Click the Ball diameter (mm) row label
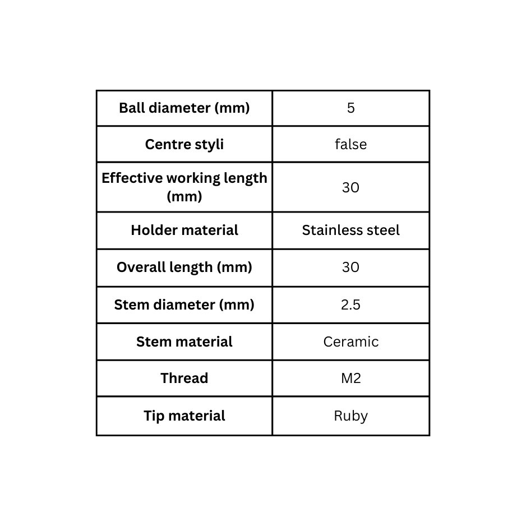(x=184, y=108)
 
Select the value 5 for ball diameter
(x=350, y=108)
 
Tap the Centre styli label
(x=184, y=145)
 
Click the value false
(x=350, y=144)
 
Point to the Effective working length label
(x=184, y=187)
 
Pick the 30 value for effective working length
(x=350, y=187)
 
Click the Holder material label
(x=184, y=230)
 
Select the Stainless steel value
(x=350, y=230)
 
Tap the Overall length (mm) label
(x=184, y=267)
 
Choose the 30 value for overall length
(x=350, y=267)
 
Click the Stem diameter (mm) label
(x=184, y=304)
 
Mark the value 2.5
(x=350, y=304)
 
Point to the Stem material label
(x=184, y=342)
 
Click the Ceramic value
(x=351, y=342)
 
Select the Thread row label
(x=184, y=378)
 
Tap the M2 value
(x=351, y=379)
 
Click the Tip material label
(x=184, y=416)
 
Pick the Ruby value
(x=350, y=416)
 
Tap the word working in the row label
(x=192, y=178)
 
